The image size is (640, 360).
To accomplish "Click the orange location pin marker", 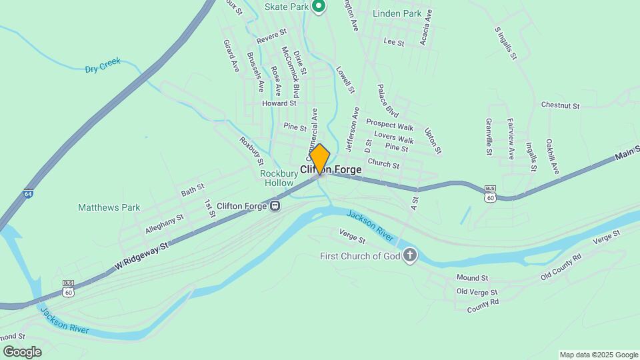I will click(x=320, y=159).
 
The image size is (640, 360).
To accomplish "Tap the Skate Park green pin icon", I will click(x=319, y=7).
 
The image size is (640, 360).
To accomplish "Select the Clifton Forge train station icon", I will click(x=275, y=206).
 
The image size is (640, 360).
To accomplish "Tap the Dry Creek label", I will click(x=103, y=65).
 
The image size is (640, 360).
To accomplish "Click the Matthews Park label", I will click(x=109, y=207).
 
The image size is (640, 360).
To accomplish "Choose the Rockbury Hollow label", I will click(x=276, y=178).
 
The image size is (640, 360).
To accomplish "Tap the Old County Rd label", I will click(x=561, y=266).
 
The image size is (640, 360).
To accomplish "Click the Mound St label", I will click(x=473, y=277).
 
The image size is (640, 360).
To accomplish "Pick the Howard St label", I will click(x=279, y=103).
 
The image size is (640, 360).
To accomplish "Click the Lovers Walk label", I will click(x=394, y=137).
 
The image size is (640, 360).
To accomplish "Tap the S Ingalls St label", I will click(x=507, y=43).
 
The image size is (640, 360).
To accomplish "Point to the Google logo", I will click(x=22, y=351).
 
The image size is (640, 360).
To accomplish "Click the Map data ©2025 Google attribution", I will click(x=598, y=355).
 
